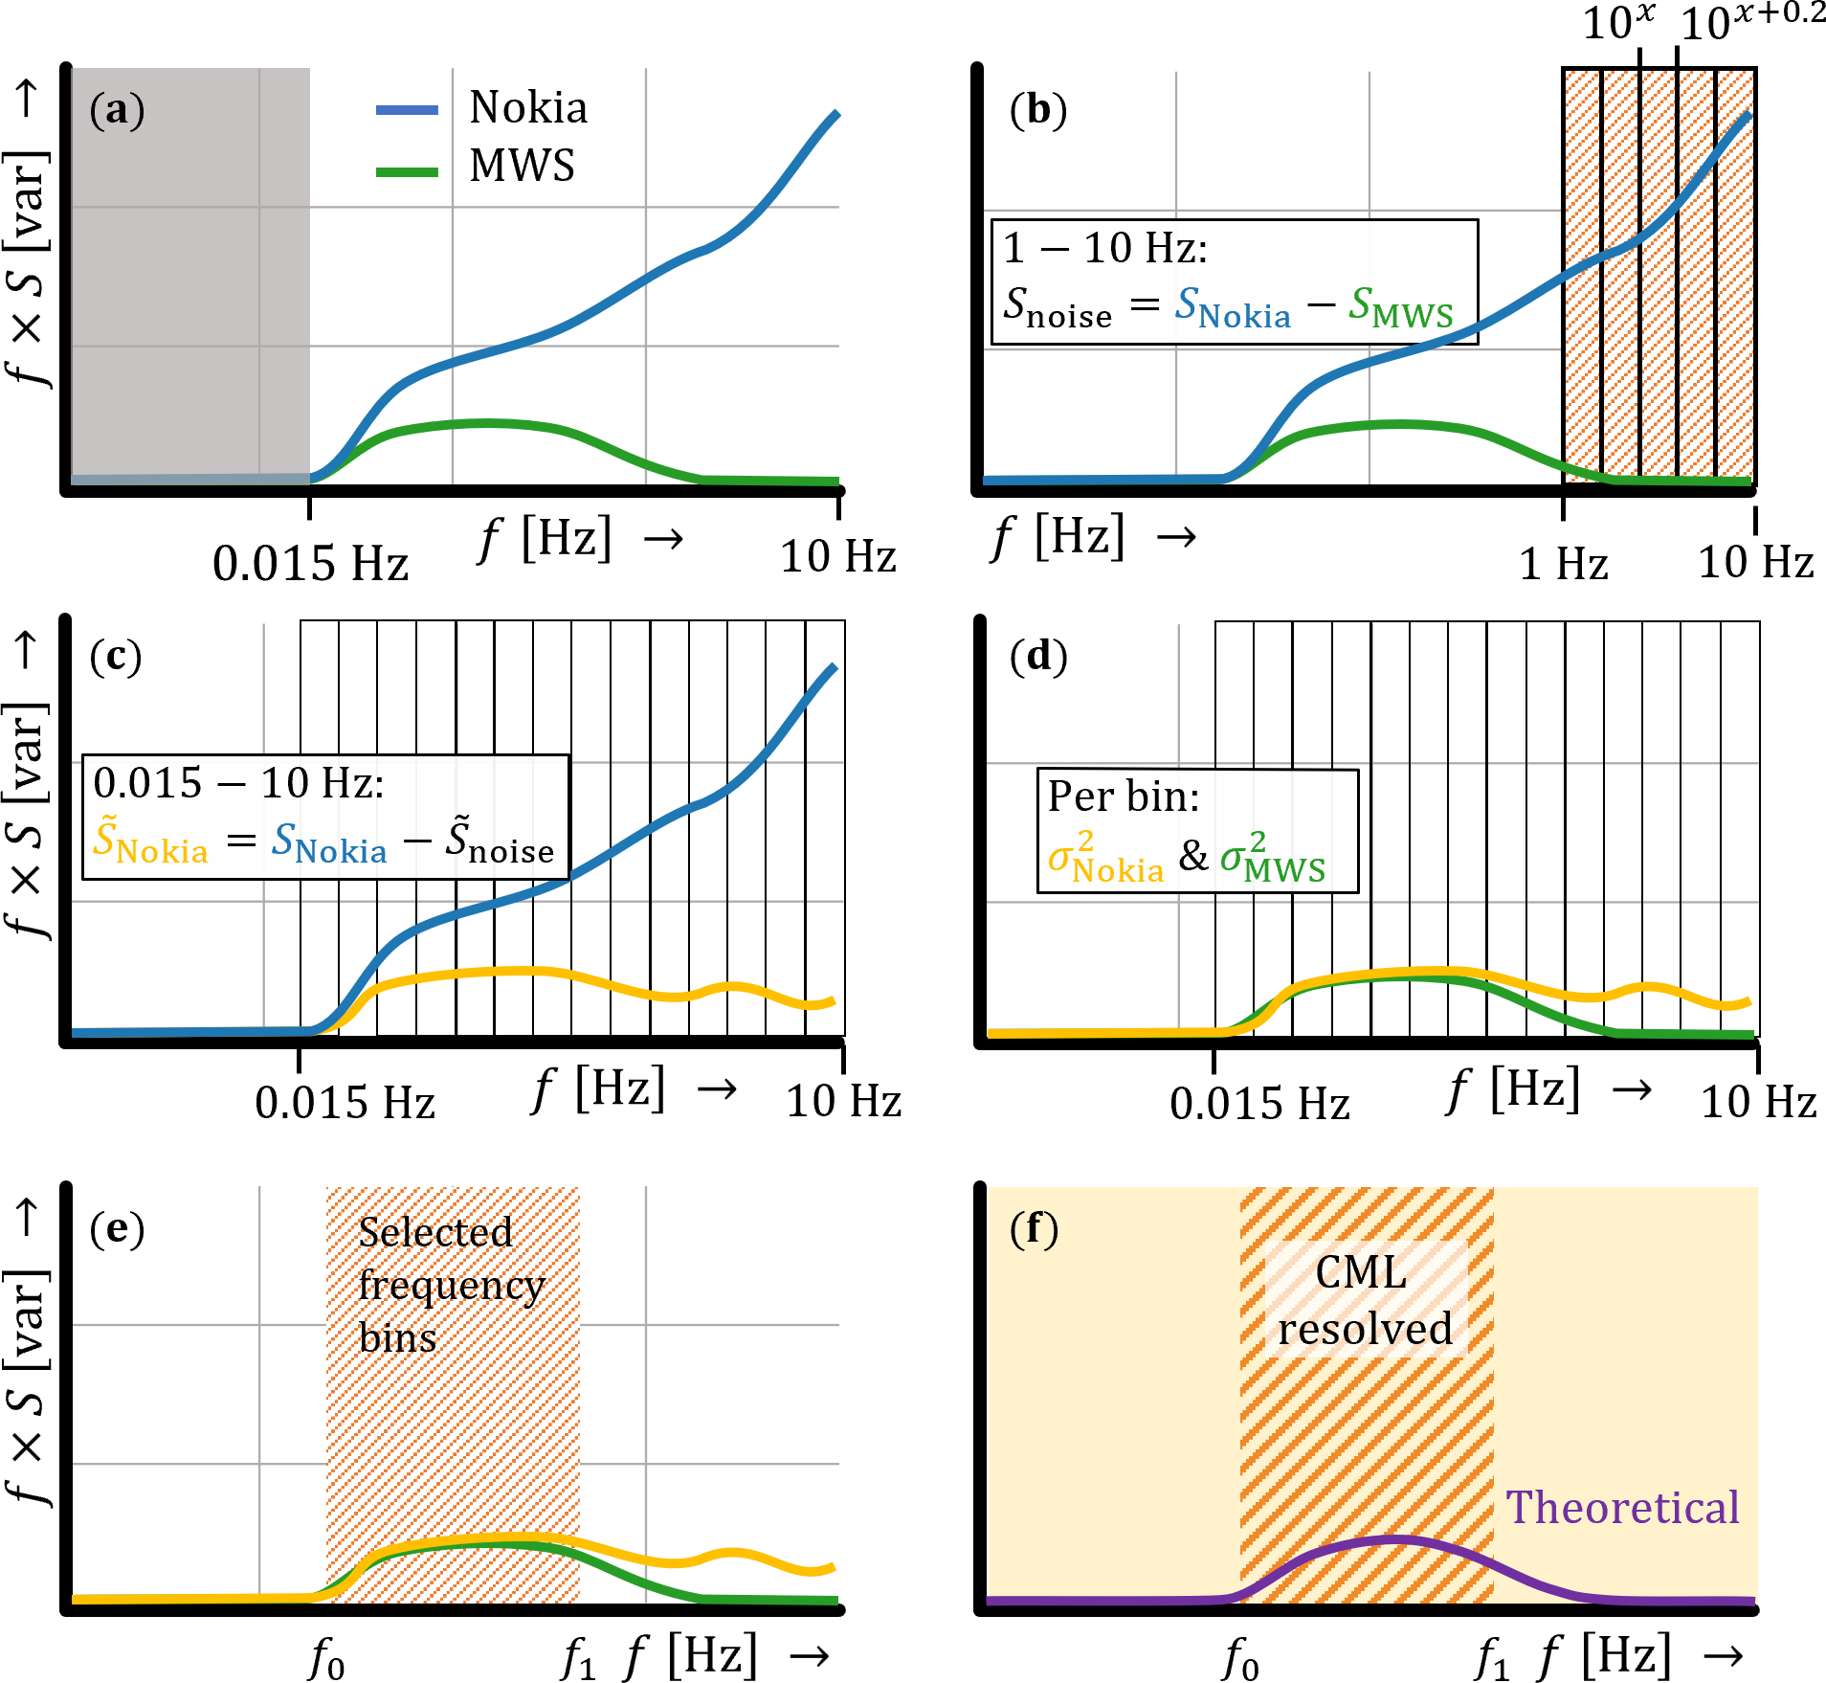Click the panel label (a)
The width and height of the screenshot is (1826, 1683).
[x=117, y=110]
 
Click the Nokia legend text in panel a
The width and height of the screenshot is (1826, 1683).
[x=528, y=107]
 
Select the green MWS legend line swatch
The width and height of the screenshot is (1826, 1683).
[x=408, y=172]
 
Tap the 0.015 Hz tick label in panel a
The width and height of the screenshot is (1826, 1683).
[x=310, y=563]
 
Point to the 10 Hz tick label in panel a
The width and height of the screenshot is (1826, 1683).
[x=838, y=557]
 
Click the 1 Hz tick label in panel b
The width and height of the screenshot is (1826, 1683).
[x=1564, y=563]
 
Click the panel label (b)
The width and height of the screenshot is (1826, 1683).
[x=1038, y=110]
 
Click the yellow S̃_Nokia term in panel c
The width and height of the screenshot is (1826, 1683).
[x=150, y=842]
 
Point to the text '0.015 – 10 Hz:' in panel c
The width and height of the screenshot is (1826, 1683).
[x=238, y=784]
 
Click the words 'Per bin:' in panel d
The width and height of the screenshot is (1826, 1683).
[x=1124, y=797]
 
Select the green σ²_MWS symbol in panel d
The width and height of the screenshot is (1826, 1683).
[x=1273, y=858]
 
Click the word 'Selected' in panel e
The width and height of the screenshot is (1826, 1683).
[x=435, y=1232]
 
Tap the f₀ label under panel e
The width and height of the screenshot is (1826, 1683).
[x=326, y=1658]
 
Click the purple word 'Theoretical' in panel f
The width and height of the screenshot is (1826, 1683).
[x=1622, y=1508]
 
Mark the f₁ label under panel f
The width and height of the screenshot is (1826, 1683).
[x=1492, y=1658]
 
